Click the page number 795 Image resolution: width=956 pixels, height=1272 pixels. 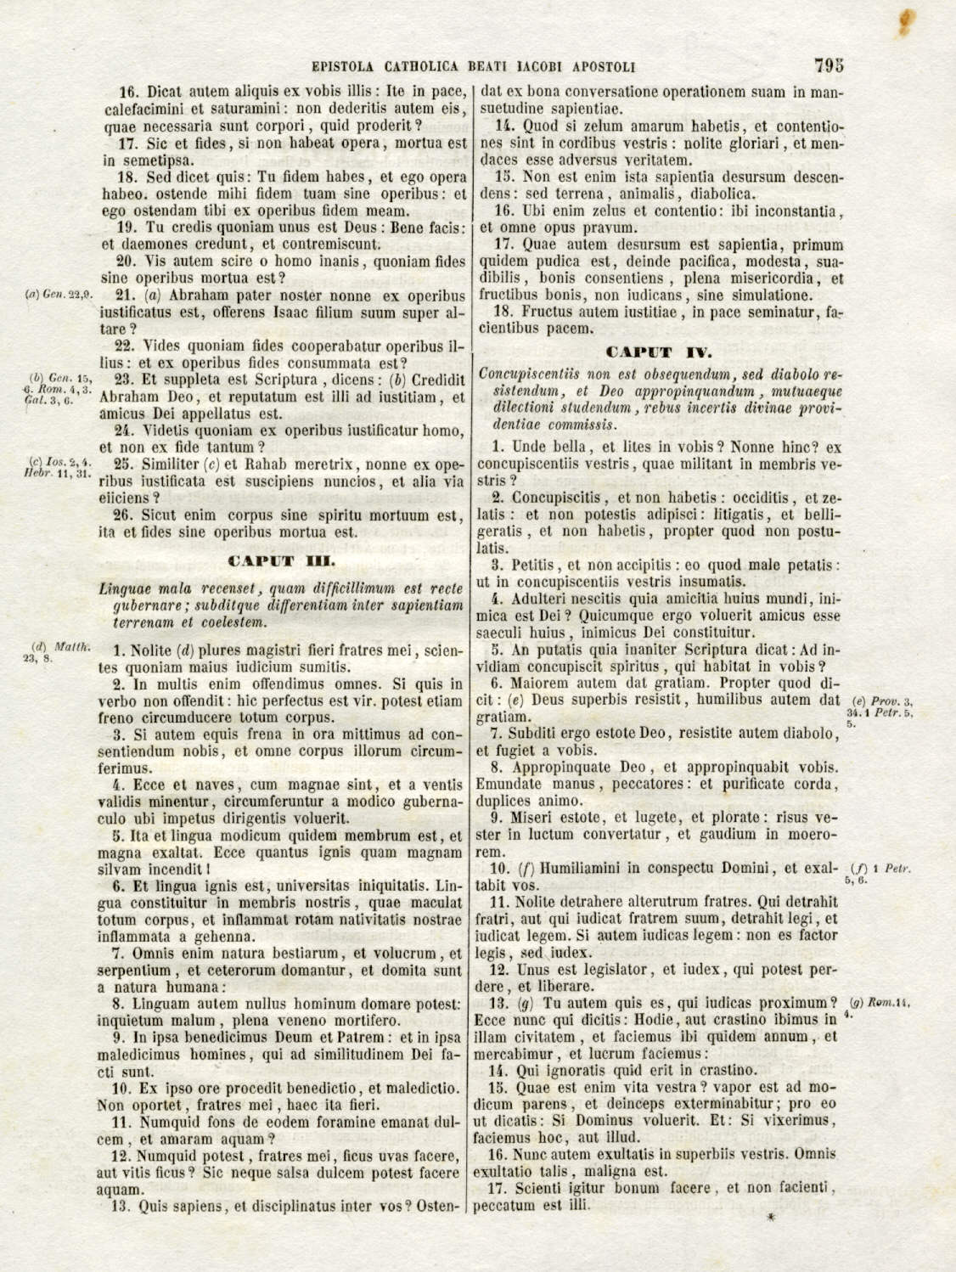(x=828, y=66)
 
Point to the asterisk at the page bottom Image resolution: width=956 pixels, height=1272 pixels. (x=772, y=1218)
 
